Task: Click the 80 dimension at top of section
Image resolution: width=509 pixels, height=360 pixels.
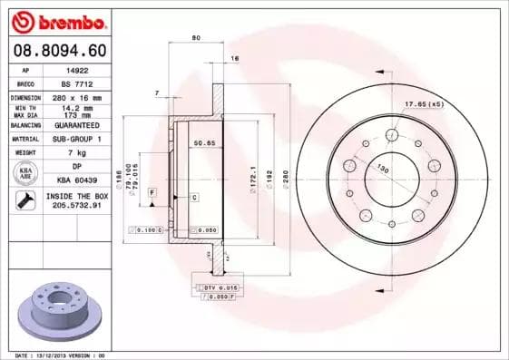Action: [x=196, y=37]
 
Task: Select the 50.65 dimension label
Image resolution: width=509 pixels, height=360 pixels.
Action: [x=203, y=142]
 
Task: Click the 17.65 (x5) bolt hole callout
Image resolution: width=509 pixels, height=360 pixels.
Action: [x=423, y=105]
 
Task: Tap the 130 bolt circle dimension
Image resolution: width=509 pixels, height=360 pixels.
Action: [x=383, y=170]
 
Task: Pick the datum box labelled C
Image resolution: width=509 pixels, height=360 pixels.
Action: [x=193, y=197]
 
